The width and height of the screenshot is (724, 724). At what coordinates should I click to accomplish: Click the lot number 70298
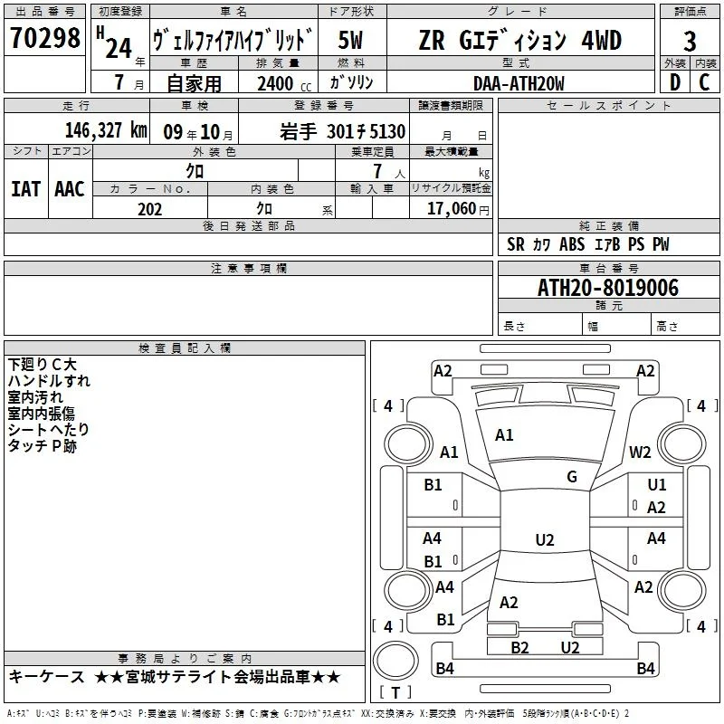[x=44, y=38]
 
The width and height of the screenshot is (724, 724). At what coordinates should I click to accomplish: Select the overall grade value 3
[x=690, y=42]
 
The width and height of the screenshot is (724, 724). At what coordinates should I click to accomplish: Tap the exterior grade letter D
[x=675, y=82]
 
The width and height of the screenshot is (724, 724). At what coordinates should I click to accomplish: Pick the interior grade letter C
[x=704, y=82]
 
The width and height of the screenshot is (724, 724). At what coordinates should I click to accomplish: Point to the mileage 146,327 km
[x=106, y=130]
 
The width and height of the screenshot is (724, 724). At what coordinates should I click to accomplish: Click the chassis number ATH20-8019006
[x=608, y=288]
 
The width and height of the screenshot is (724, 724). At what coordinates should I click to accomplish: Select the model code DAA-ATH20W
[x=519, y=83]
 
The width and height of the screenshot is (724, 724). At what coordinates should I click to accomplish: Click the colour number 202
[x=149, y=209]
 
